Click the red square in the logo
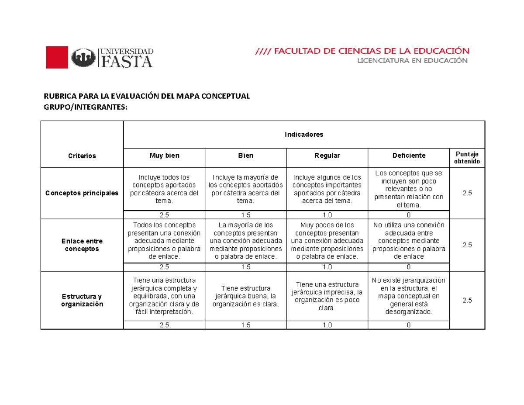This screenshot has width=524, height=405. pyautogui.click(x=57, y=57)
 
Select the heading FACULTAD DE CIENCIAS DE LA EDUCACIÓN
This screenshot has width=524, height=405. pyautogui.click(x=362, y=51)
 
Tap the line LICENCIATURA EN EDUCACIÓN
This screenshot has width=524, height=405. pyautogui.click(x=413, y=61)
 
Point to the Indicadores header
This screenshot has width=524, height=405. pyautogui.click(x=304, y=134)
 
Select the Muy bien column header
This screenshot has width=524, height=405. pyautogui.click(x=164, y=156)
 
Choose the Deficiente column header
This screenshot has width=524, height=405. pyautogui.click(x=408, y=156)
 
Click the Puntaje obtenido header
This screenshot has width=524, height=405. pyautogui.click(x=467, y=158)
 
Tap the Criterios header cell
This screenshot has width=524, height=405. pyautogui.click(x=82, y=156)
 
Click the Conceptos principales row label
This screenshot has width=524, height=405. pyautogui.click(x=82, y=193)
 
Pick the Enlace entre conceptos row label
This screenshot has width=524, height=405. pyautogui.click(x=82, y=245)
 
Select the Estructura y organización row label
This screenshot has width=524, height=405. pyautogui.click(x=82, y=301)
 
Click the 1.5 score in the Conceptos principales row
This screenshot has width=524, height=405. pyautogui.click(x=245, y=215)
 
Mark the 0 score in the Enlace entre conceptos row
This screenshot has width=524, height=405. pyautogui.click(x=408, y=267)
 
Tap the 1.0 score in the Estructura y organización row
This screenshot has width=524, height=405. pyautogui.click(x=327, y=325)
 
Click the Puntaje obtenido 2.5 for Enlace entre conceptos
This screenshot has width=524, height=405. pyautogui.click(x=467, y=245)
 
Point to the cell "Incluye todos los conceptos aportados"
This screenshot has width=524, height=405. pyautogui.click(x=164, y=189)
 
